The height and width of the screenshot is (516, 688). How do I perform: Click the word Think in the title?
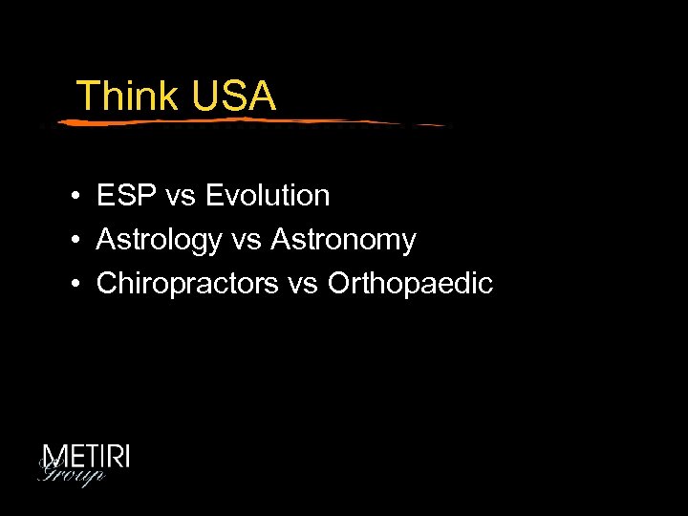pyautogui.click(x=127, y=97)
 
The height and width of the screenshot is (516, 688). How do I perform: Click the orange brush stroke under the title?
pyautogui.click(x=248, y=121)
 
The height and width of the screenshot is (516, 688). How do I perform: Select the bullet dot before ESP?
pyautogui.click(x=74, y=197)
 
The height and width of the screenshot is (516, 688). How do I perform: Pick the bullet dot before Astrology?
pyautogui.click(x=74, y=241)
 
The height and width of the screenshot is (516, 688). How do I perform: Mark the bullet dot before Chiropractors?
pyautogui.click(x=74, y=285)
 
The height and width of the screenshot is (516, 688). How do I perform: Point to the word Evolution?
pyautogui.click(x=268, y=196)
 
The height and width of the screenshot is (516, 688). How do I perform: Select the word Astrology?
pyautogui.click(x=159, y=241)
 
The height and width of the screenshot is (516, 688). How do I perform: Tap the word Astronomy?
pyautogui.click(x=343, y=241)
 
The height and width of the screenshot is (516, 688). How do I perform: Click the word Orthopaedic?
pyautogui.click(x=410, y=284)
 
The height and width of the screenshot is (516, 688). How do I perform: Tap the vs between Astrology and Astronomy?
pyautogui.click(x=246, y=241)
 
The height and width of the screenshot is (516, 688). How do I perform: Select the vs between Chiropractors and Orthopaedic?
pyautogui.click(x=303, y=285)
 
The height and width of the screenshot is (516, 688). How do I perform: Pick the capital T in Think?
pyautogui.click(x=86, y=97)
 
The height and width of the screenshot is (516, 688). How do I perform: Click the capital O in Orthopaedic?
pyautogui.click(x=340, y=284)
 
